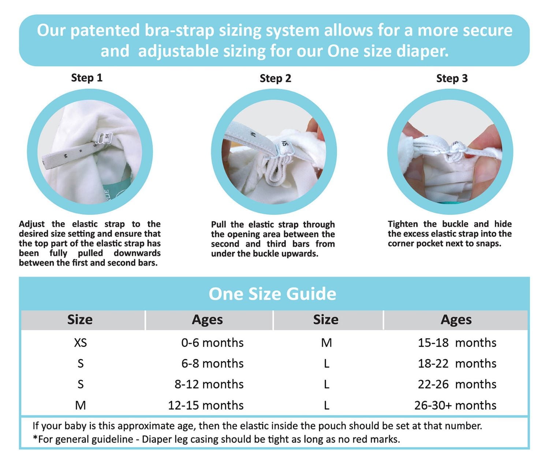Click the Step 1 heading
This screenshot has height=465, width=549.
pos(87,78)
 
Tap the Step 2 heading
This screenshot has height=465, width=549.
pos(275,78)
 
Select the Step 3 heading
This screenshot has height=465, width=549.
pos(452,78)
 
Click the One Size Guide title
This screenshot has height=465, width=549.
pos(272,294)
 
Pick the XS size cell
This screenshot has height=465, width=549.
pos(80,343)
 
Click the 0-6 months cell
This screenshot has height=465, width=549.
pos(212,343)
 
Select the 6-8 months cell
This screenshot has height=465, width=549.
pos(212,364)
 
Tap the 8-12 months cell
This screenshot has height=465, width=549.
pos(209,384)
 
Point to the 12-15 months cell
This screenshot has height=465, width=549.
pos(206,405)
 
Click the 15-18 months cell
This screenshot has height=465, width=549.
pos(457,343)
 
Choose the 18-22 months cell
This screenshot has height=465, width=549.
pos(457,364)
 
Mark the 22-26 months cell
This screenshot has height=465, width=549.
pos(457,384)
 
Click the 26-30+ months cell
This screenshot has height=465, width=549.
pos(455,405)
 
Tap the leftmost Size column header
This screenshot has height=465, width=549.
pos(80,320)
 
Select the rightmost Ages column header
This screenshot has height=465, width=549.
pos(456,320)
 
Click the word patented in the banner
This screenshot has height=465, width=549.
pos(105,30)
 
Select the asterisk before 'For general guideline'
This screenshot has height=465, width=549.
pos(35,438)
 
